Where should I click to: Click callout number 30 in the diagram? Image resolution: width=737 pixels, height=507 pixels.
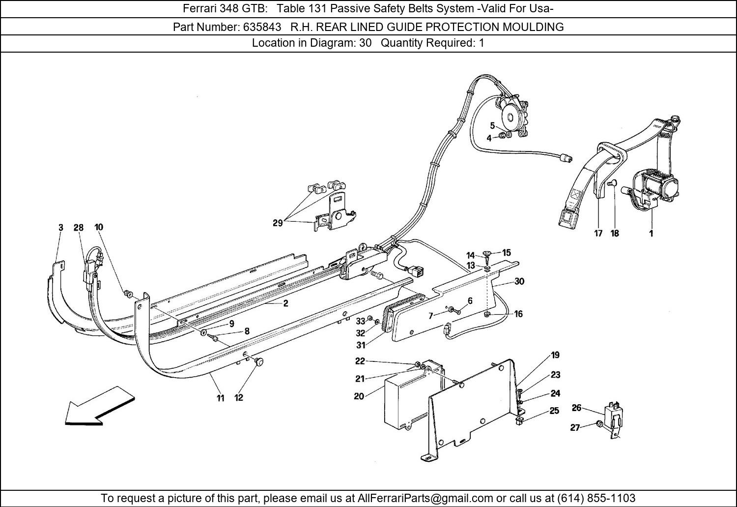(519, 281)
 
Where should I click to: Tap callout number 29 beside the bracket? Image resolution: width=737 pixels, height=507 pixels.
(278, 223)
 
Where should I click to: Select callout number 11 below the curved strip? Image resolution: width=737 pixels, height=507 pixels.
(221, 398)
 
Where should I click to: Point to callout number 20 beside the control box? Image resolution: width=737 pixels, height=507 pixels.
(359, 396)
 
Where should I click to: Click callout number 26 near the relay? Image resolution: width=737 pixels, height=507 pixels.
(576, 408)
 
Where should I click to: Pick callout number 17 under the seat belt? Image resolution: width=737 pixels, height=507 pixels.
(598, 234)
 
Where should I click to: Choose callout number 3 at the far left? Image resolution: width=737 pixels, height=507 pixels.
(61, 228)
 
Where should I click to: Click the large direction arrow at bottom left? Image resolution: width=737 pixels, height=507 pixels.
(100, 406)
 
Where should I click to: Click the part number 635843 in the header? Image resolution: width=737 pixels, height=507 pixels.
(262, 27)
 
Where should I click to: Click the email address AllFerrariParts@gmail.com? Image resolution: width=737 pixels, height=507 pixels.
(425, 498)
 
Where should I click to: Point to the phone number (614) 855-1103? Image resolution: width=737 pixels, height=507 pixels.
(596, 498)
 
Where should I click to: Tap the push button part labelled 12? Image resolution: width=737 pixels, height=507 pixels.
(259, 362)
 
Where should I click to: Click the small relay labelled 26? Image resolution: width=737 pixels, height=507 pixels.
(613, 419)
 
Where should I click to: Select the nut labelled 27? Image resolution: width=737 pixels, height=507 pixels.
(599, 424)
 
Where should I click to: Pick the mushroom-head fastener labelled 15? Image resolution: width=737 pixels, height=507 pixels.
(487, 253)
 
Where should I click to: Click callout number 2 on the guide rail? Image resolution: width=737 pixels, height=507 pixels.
(285, 303)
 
